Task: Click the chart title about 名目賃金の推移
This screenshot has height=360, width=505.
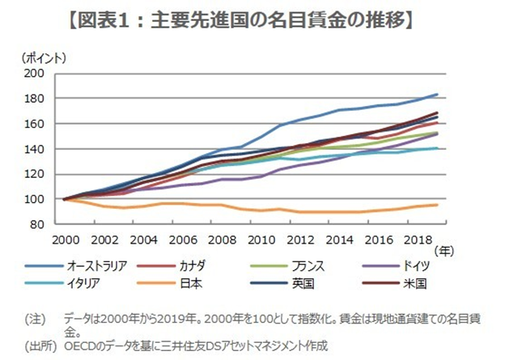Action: click(252, 18)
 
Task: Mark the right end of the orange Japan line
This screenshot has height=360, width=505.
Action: click(438, 205)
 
